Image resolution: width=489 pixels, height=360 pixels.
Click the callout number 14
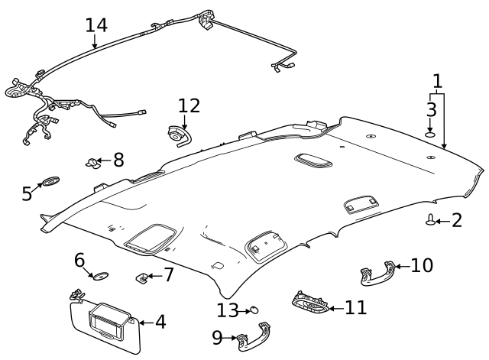click(96, 24)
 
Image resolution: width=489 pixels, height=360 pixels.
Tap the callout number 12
click(188, 105)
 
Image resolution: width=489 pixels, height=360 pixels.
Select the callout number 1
click(437, 80)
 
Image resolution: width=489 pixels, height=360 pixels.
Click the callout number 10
click(421, 265)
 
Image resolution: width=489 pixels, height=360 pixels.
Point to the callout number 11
click(355, 307)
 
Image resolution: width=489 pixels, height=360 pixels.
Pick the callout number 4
click(160, 322)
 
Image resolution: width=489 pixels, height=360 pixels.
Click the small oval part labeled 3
click(431, 135)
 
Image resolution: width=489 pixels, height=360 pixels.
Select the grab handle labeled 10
click(378, 274)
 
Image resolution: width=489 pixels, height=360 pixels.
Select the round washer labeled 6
click(99, 274)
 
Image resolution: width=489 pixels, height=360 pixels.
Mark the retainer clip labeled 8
click(93, 161)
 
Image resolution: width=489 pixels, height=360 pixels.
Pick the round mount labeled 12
click(176, 135)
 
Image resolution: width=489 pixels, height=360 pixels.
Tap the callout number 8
click(118, 160)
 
